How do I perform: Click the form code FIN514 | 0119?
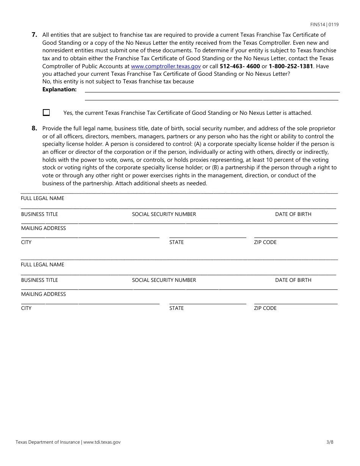click(x=324, y=25)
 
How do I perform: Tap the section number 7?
click(x=34, y=35)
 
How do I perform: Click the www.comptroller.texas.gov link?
click(x=166, y=66)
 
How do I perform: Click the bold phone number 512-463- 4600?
click(x=240, y=66)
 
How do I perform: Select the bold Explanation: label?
click(x=59, y=89)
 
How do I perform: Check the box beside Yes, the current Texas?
click(x=46, y=113)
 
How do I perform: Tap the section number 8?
click(x=34, y=128)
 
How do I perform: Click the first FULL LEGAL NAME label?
click(x=42, y=199)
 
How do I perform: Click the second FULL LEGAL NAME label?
click(x=42, y=264)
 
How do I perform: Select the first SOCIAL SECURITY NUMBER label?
click(x=164, y=214)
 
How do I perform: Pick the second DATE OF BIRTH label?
click(x=293, y=280)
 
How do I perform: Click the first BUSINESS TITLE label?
click(x=39, y=214)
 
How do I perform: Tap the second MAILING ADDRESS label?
click(x=43, y=294)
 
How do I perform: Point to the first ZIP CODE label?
click(x=265, y=242)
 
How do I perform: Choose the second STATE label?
click(x=176, y=308)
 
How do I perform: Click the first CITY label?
click(x=26, y=242)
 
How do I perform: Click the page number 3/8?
click(x=330, y=442)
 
